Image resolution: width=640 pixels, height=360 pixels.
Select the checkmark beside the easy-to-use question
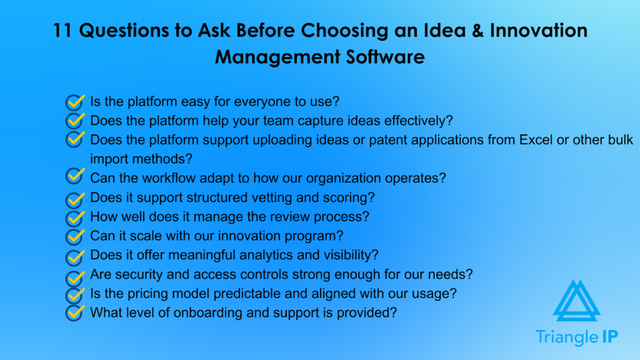pos(75,101)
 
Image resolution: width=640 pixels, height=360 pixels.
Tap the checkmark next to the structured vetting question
pos(75,199)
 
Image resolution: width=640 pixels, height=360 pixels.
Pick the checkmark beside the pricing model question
pos(75,293)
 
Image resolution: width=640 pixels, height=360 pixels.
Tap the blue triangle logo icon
pos(576,301)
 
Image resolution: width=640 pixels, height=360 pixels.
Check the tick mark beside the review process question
pos(75,218)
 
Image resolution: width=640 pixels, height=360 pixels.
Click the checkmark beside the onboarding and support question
pos(75,312)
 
